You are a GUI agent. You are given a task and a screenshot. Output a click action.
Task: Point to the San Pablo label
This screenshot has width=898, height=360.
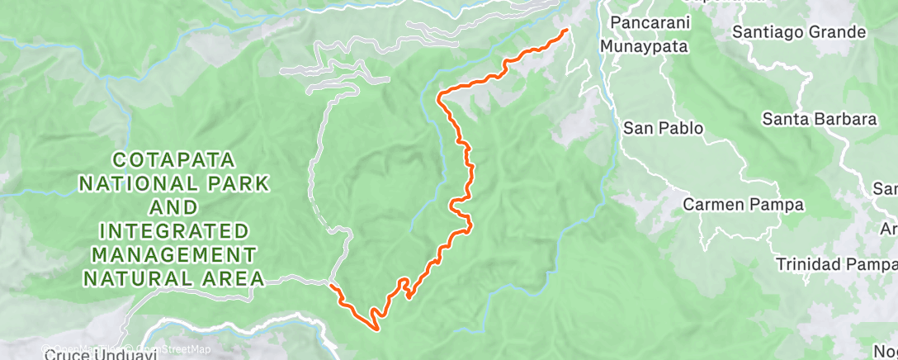tap(663, 128)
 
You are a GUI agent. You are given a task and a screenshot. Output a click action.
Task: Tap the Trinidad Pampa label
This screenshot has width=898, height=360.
tap(835, 264)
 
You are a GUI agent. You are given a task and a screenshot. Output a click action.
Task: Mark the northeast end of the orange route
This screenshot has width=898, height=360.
tap(566, 31)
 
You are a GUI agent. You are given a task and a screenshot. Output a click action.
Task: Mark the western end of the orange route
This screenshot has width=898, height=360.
tap(330, 286)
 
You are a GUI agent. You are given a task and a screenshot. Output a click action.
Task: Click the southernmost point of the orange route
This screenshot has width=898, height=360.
tap(377, 329)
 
